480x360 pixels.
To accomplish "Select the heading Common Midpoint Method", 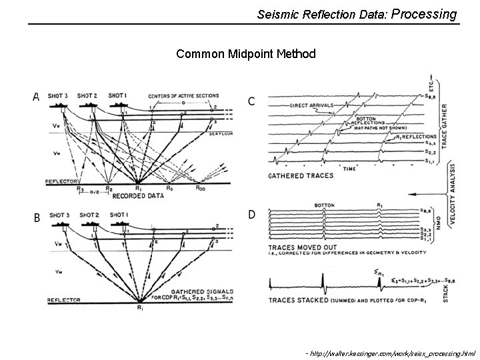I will (246, 53).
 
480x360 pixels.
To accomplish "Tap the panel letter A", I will (37, 97).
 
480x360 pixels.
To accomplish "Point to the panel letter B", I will (37, 217).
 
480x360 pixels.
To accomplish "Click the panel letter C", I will (251, 101).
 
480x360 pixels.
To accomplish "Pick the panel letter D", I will (251, 214).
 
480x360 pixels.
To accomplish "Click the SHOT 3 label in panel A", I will (59, 95).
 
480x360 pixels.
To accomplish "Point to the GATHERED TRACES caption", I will (295, 177).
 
